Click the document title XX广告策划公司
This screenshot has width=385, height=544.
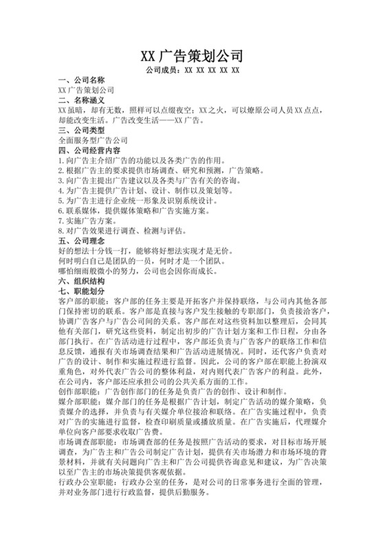pos(192,56)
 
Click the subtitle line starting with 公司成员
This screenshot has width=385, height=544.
pos(192,70)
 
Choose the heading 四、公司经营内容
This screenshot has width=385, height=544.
pos(89,150)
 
